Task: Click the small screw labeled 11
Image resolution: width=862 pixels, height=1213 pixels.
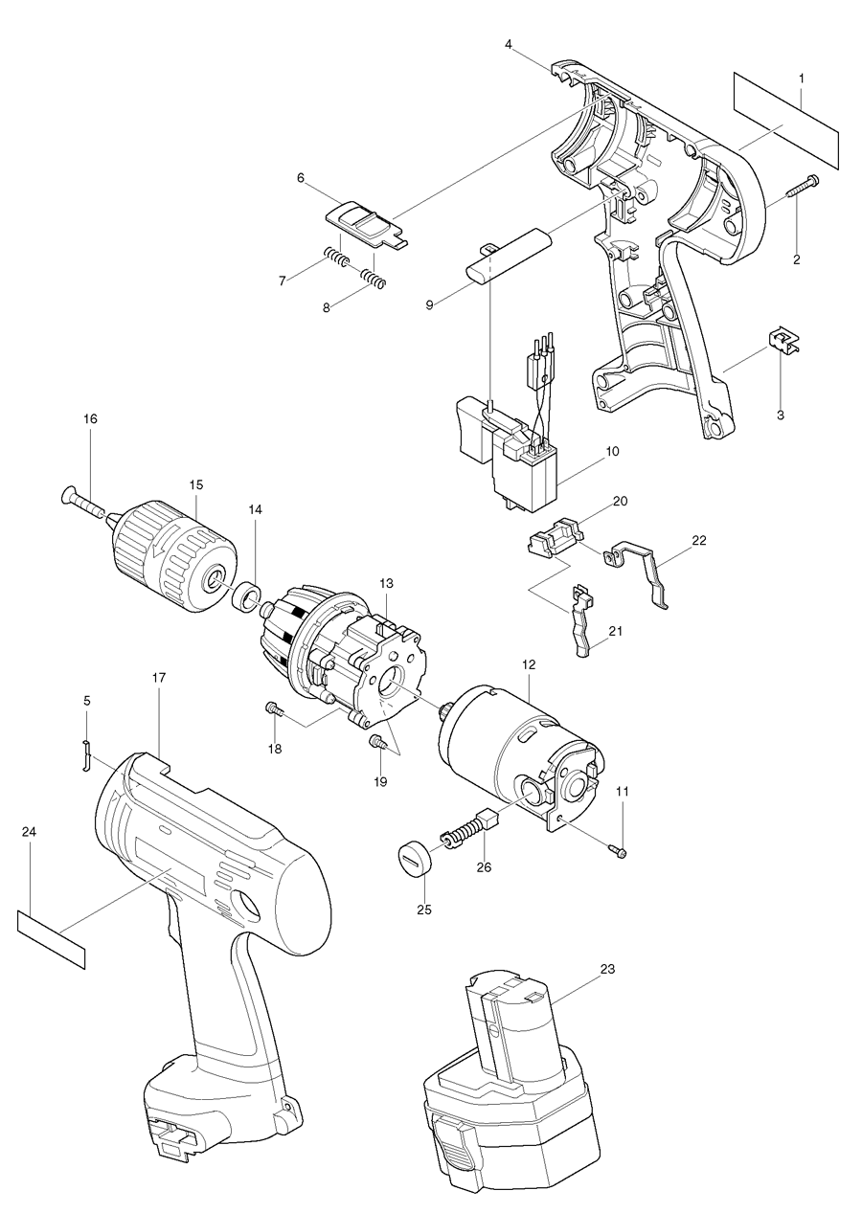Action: pyautogui.click(x=618, y=849)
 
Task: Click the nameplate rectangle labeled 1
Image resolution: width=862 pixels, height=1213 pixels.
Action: pyautogui.click(x=786, y=120)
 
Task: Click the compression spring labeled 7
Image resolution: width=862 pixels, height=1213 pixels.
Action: pyautogui.click(x=335, y=258)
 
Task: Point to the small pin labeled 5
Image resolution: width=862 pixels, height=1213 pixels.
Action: pyautogui.click(x=84, y=754)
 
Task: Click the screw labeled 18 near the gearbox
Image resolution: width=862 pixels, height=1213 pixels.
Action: pyautogui.click(x=273, y=709)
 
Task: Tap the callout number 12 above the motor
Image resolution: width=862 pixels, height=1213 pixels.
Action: pyautogui.click(x=528, y=663)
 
